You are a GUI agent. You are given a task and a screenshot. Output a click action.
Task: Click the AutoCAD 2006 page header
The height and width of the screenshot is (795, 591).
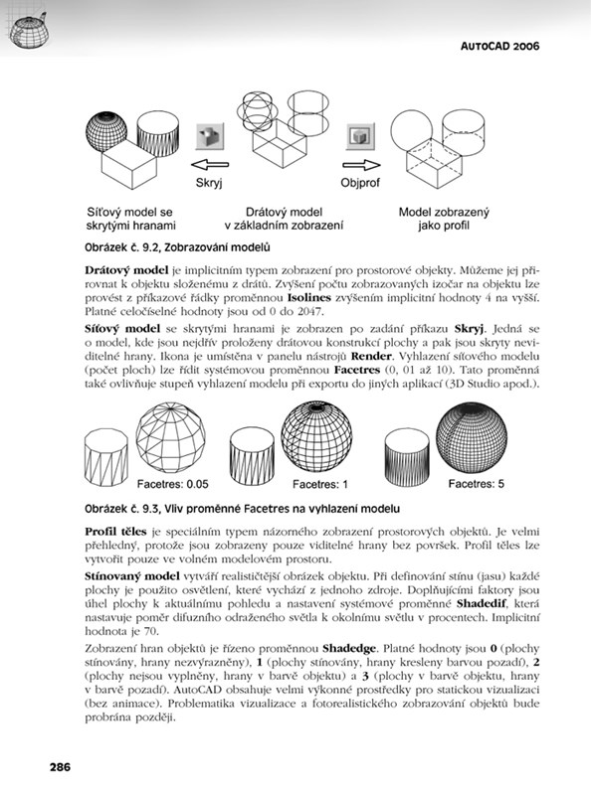coord(499,46)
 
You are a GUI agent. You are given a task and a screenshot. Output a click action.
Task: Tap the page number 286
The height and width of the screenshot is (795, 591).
coord(60,766)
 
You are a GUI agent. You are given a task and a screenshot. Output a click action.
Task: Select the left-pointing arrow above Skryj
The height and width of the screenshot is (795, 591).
coord(210,164)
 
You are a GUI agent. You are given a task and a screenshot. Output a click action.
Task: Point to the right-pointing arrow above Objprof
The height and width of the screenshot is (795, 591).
coord(361,165)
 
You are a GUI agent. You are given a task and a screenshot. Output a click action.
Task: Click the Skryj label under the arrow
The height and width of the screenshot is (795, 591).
coord(209,183)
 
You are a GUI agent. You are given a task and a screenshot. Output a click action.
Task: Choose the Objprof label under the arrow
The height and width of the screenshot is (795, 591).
coord(360,183)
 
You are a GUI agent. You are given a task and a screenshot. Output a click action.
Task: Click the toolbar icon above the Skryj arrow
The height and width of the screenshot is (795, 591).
coord(210,136)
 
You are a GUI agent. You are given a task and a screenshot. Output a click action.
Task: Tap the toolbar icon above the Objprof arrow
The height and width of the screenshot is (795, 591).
coord(360,136)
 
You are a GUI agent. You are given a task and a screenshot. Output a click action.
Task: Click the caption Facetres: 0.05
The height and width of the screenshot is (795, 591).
coord(173,484)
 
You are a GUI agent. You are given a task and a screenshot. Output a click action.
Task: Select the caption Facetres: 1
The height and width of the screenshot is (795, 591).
coord(319,484)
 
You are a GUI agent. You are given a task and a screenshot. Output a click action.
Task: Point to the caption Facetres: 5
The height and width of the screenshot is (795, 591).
coord(476,484)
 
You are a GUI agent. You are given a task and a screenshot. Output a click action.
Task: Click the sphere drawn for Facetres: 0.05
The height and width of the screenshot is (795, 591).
coord(170,437)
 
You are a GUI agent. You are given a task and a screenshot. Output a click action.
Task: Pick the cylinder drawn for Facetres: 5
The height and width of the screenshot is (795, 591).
coord(407,458)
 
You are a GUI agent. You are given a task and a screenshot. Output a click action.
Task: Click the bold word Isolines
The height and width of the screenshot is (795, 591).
coord(309,297)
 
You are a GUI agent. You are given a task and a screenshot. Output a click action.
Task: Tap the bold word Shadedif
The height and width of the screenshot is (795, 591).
coord(483,604)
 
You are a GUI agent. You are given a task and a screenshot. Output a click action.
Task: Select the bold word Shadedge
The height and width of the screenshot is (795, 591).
coord(349,649)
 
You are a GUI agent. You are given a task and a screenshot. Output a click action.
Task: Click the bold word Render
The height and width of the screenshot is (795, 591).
coord(371,357)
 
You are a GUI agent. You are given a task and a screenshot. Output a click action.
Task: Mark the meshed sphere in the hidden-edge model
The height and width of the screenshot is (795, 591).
coord(106,132)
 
